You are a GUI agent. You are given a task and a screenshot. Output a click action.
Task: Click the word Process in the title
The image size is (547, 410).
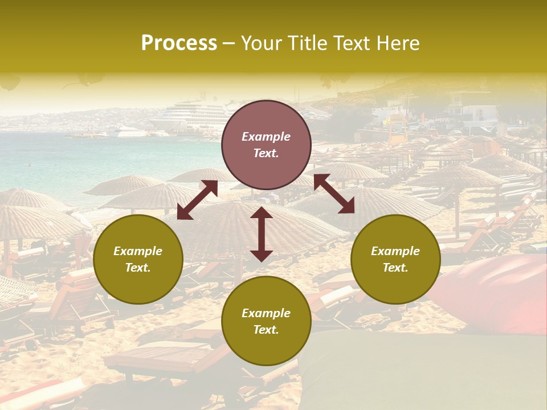(x=179, y=43)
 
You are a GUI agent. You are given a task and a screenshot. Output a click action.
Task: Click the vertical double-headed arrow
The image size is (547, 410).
(x=262, y=234)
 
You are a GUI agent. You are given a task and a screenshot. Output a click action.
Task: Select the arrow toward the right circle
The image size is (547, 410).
(x=334, y=194)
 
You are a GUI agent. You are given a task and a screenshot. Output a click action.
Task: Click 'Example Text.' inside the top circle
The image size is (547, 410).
(x=266, y=145)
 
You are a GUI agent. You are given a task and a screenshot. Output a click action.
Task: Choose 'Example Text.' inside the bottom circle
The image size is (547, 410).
(x=266, y=321)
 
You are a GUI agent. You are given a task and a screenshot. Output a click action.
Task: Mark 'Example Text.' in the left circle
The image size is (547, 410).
(x=138, y=259)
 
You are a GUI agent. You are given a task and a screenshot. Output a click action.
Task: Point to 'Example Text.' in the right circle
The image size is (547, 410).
(x=395, y=259)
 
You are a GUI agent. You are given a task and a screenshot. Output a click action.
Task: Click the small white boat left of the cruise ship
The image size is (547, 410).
(x=128, y=133)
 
